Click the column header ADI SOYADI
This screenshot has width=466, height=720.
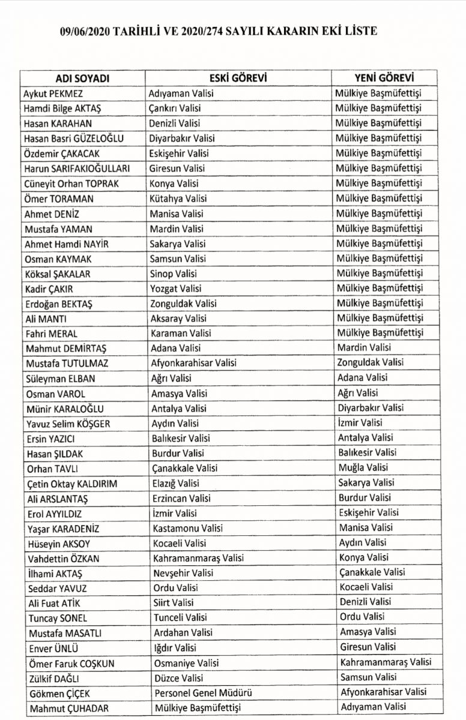83,79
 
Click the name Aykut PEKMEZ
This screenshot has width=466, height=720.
53,94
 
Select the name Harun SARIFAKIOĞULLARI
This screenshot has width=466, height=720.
77,169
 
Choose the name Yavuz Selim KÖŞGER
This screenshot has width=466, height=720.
67,424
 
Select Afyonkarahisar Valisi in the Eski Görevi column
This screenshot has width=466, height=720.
193,363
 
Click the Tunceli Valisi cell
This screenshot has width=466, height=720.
178,618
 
